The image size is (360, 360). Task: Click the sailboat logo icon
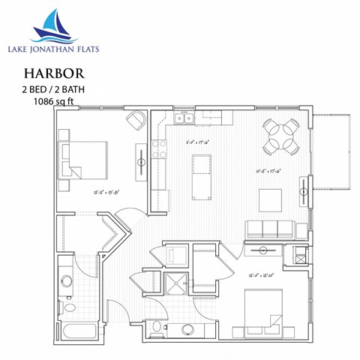[x=52, y=25]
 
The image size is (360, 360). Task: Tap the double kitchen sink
[x=183, y=118]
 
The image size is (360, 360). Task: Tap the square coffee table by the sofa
[x=270, y=199]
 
